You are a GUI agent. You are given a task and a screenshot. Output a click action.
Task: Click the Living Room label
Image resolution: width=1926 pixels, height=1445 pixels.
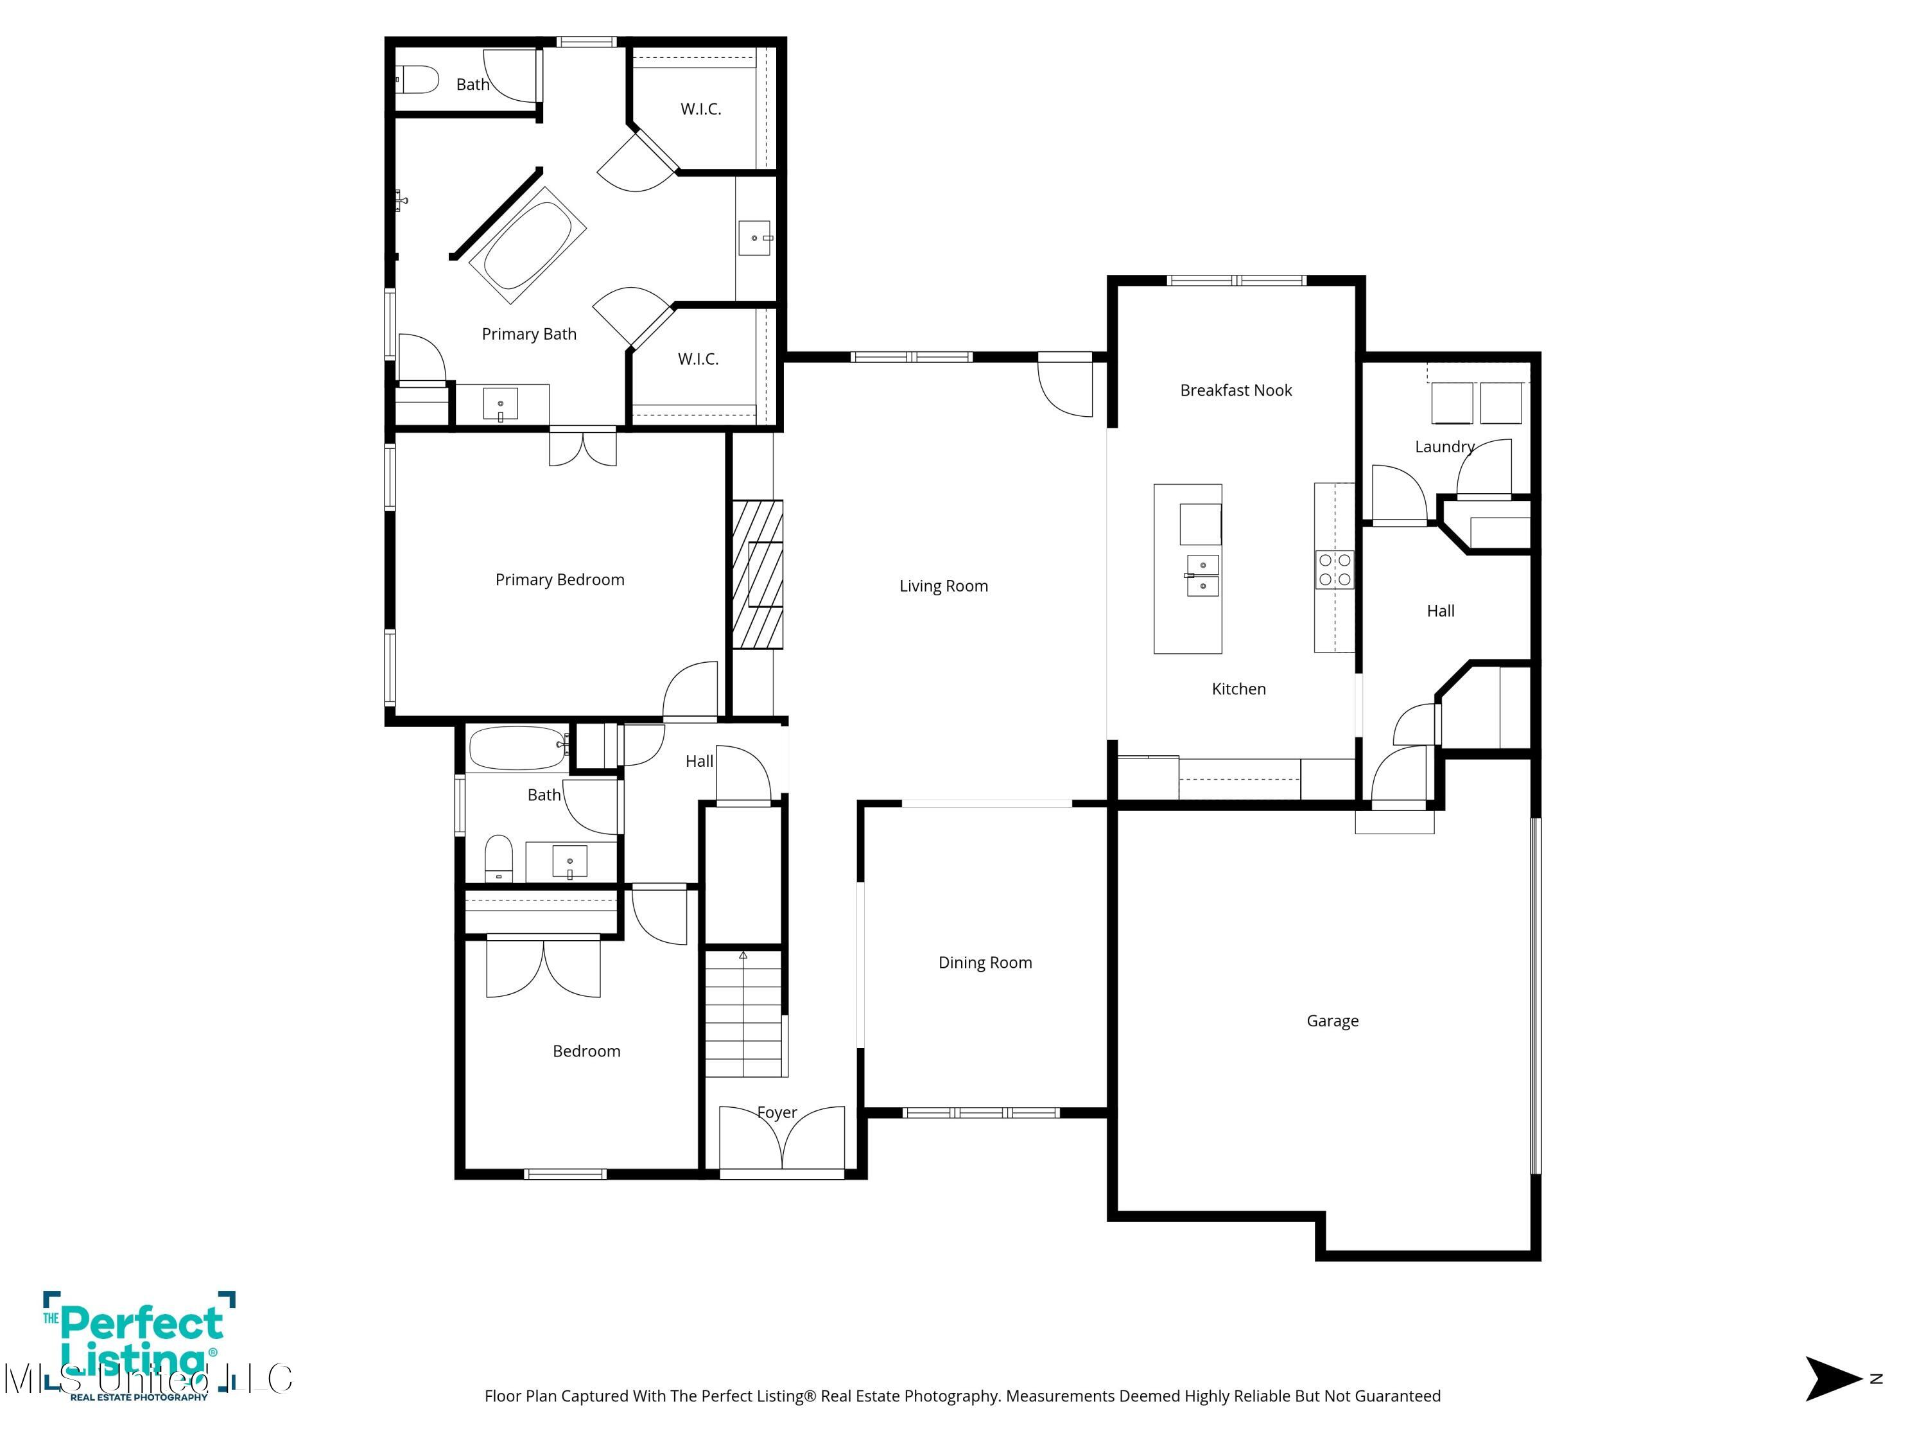click(943, 586)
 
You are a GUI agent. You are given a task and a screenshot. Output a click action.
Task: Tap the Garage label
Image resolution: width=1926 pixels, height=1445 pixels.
click(1332, 1021)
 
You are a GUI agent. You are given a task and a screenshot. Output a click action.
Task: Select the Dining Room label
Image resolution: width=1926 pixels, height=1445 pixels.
click(985, 963)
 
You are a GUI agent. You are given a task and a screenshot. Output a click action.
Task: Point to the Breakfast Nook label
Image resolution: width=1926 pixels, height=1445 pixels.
click(1236, 390)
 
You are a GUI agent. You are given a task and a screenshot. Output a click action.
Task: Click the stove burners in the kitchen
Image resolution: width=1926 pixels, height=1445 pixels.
click(1334, 570)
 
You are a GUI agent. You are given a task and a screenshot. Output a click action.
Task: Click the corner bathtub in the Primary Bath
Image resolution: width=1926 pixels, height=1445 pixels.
click(528, 245)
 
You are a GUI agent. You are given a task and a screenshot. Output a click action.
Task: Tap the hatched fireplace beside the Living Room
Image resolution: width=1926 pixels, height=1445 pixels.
click(757, 574)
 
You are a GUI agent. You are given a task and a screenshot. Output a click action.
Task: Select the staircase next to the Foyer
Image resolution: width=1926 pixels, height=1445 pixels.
click(743, 1015)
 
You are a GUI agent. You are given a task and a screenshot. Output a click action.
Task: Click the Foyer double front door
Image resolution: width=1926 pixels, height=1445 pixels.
click(782, 1139)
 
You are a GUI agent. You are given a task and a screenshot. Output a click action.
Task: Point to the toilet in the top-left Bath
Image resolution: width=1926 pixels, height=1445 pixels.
click(418, 80)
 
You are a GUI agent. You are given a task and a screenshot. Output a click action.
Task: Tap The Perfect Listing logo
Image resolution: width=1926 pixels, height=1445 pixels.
click(139, 1345)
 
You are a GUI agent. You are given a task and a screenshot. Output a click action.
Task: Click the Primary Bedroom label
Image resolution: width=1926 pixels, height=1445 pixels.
click(560, 580)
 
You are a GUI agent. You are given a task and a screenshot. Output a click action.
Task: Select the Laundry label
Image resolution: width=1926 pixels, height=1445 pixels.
click(1444, 447)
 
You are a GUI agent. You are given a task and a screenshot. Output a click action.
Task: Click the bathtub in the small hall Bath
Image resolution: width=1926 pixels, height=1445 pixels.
click(518, 748)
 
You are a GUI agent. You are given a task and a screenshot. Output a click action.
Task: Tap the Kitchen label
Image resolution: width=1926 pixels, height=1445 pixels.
click(1238, 689)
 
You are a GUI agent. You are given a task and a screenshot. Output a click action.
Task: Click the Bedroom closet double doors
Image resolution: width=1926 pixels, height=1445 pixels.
click(543, 968)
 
